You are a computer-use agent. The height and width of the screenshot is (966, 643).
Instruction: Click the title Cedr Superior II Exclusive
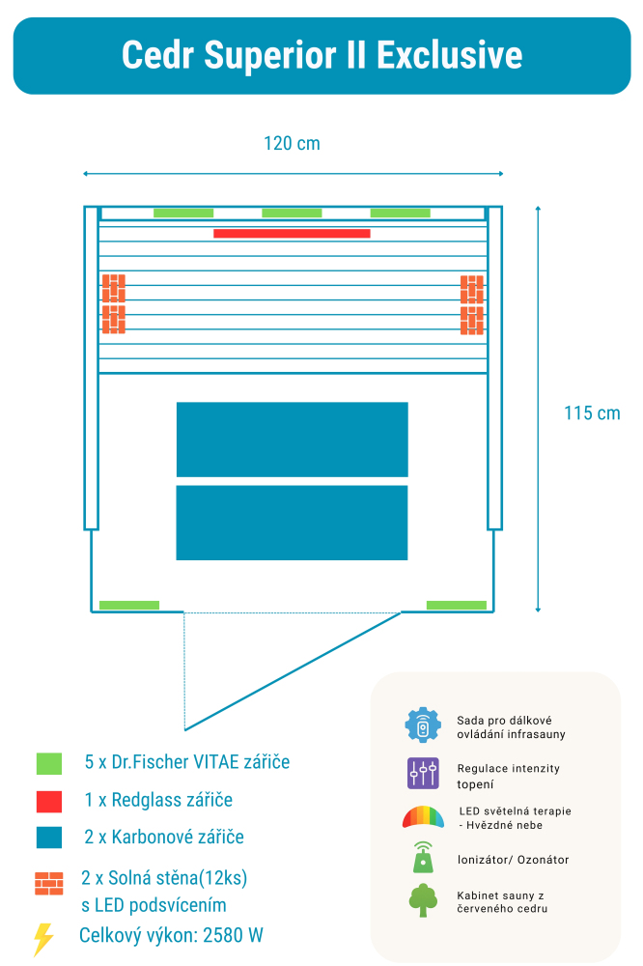coord(321,55)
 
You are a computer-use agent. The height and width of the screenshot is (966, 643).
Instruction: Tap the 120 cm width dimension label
coord(292,144)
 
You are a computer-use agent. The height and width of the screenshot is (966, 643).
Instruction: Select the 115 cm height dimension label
coord(592,413)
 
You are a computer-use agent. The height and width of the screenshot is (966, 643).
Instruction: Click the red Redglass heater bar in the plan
coord(292,233)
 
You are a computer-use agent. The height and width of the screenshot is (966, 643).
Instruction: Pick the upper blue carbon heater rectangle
coord(292,440)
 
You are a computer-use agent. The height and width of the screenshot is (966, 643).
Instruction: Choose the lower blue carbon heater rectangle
coord(292,523)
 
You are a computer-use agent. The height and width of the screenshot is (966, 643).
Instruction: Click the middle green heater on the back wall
coord(292,213)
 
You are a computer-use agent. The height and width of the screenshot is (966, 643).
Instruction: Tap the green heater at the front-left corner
coord(129,606)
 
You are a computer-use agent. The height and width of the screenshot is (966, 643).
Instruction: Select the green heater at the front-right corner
coord(457,606)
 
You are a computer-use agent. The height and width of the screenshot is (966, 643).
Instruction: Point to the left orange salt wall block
coord(114,303)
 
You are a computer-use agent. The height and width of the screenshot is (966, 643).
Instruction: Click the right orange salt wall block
coord(472,303)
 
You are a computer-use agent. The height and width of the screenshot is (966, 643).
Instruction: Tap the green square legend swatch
coord(48,763)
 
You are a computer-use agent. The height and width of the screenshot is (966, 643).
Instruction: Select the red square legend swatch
coord(48,801)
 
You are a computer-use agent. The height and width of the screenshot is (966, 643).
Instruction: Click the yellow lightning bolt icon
coord(43,938)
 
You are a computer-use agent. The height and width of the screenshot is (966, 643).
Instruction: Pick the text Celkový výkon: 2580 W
coord(171,935)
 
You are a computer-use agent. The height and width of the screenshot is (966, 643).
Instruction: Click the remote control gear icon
coord(423,726)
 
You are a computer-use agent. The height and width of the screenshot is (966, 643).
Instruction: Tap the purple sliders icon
coord(423,773)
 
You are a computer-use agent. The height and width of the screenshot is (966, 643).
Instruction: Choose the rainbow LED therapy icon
coord(423,817)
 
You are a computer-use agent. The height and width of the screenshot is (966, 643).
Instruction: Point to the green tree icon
coord(423,900)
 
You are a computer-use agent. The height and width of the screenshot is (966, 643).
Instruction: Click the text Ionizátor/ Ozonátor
coord(513,860)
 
